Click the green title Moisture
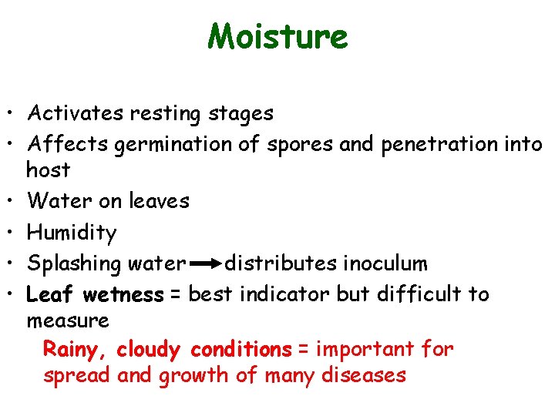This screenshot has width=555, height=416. pyautogui.click(x=277, y=36)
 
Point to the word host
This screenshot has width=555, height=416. pyautogui.click(x=48, y=169)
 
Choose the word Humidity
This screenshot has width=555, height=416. pyautogui.click(x=72, y=233)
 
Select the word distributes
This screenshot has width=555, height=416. pyautogui.click(x=280, y=263)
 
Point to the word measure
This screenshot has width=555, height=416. pyautogui.click(x=68, y=320)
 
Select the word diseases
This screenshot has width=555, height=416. pyautogui.click(x=364, y=375)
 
